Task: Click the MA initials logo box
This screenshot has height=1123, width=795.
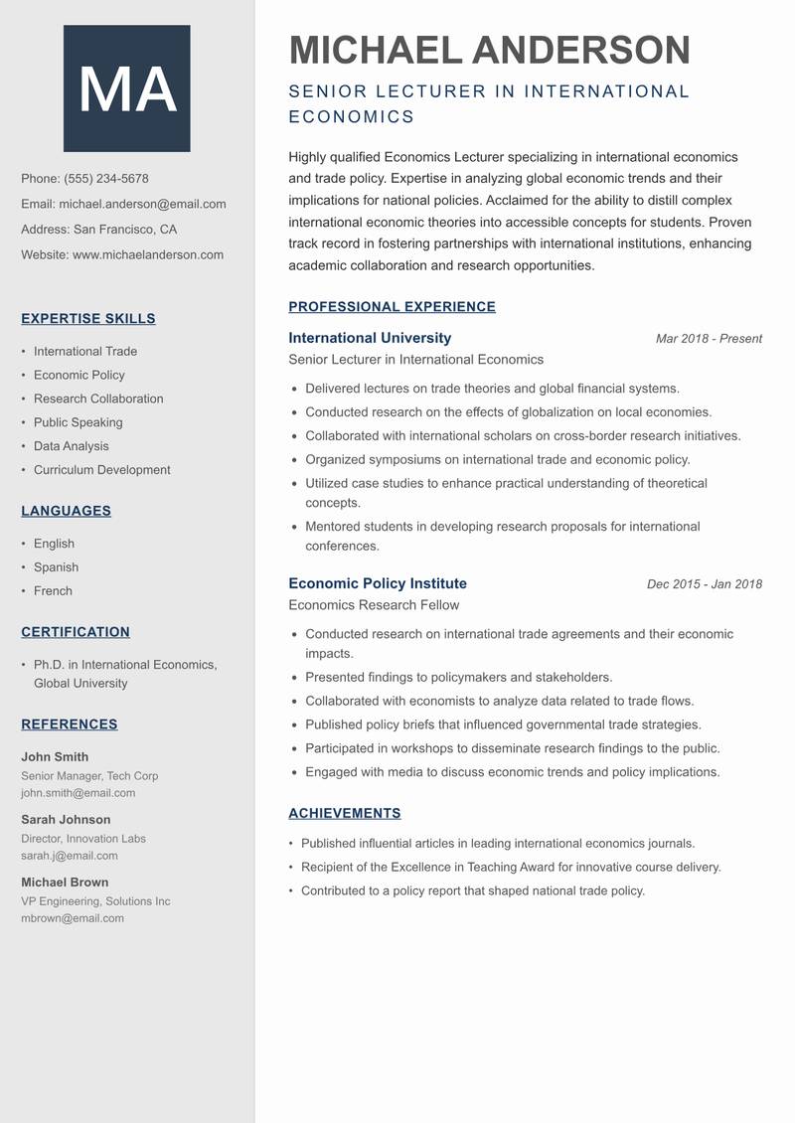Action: pos(127,88)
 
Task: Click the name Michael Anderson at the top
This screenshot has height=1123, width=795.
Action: pos(489,51)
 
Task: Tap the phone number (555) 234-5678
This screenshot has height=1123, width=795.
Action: pos(106,179)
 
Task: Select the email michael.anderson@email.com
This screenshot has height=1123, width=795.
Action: pos(142,204)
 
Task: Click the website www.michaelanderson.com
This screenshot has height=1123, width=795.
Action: pos(148,254)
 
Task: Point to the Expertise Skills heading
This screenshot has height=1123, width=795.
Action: pos(88,319)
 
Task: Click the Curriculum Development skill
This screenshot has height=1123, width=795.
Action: pos(101,470)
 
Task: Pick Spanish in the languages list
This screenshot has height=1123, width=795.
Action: pos(56,567)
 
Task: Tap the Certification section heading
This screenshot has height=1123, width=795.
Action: pos(76,632)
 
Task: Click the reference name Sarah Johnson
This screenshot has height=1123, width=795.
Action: pos(66,820)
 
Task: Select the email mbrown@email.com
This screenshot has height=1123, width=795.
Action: pos(73,918)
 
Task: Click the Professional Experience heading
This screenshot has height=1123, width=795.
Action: pos(392,307)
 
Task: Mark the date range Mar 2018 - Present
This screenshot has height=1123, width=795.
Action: pos(709,339)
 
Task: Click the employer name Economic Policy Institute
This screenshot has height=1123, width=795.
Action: pos(378,583)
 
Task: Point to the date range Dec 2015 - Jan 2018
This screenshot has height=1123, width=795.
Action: pos(704,584)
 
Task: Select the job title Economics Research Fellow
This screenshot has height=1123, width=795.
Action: pos(374,605)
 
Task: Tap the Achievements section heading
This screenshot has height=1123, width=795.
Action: pos(345,813)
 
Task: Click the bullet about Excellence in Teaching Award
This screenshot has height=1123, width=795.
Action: pos(511,867)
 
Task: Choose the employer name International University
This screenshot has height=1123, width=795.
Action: pos(370,338)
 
